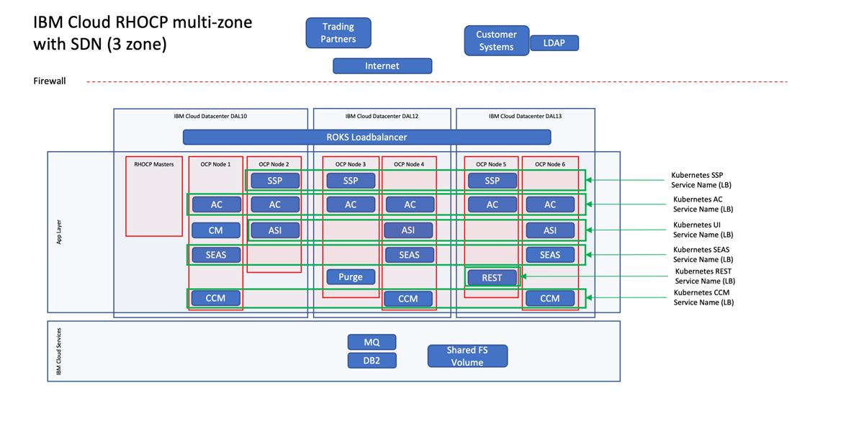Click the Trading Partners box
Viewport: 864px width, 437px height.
[x=338, y=33]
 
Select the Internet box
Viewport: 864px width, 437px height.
[x=382, y=66]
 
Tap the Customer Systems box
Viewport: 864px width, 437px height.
[x=496, y=40]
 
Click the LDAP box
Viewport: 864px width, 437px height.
[x=554, y=43]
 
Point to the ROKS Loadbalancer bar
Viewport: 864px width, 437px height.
[x=366, y=137]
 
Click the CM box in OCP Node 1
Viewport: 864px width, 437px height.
[x=216, y=230]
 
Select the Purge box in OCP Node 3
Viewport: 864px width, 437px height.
[x=351, y=276]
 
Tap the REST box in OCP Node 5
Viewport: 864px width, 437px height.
[x=492, y=277]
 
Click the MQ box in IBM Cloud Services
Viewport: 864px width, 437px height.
[x=372, y=342]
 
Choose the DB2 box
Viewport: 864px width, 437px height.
[x=372, y=360]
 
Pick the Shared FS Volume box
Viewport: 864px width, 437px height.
[x=467, y=356]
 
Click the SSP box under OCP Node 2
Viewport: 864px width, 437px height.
[x=274, y=181]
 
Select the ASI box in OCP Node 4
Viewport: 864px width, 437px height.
[x=409, y=230]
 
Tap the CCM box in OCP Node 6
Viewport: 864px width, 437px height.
[x=550, y=298]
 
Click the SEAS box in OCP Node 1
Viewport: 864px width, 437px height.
[x=216, y=255]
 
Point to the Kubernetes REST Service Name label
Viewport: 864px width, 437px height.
[x=704, y=276]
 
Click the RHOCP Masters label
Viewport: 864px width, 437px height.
[x=154, y=164]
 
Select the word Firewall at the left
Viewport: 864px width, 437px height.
[x=50, y=81]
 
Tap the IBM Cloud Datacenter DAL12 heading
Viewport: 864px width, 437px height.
[x=382, y=116]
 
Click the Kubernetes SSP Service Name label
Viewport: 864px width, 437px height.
[x=702, y=180]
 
